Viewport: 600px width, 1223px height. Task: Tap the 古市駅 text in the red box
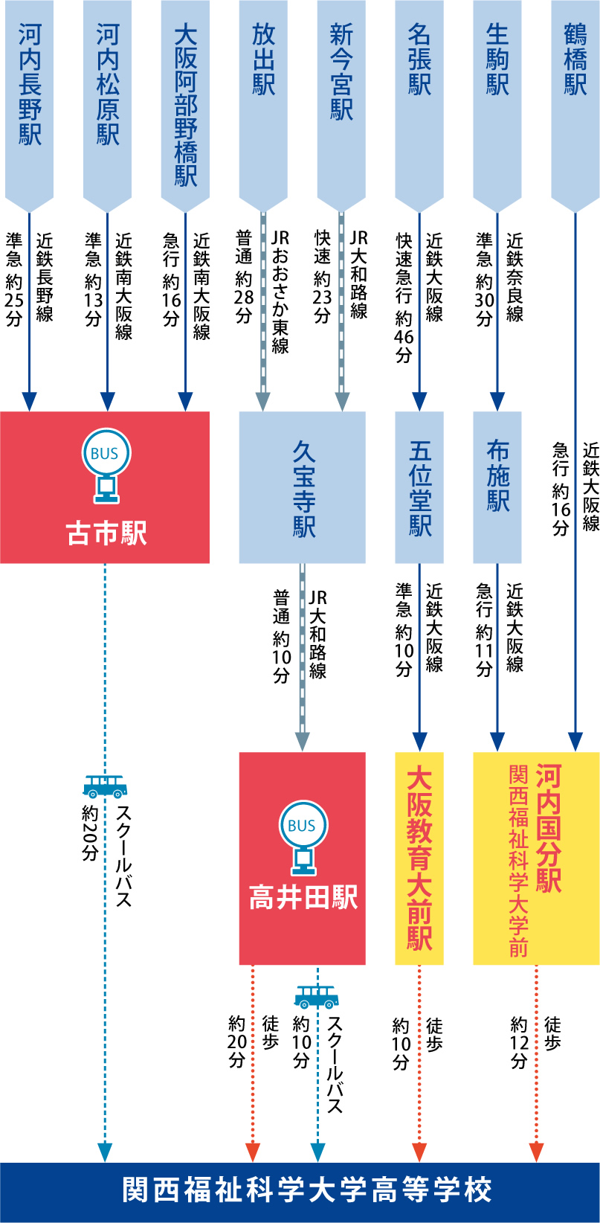click(x=106, y=533)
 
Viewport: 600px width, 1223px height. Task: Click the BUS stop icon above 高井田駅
click(x=302, y=837)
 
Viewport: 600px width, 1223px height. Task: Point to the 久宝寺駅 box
click(x=303, y=487)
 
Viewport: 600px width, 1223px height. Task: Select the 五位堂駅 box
click(x=419, y=487)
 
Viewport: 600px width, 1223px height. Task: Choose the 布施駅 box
click(x=497, y=476)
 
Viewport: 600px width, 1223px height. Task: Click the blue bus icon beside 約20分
click(x=105, y=786)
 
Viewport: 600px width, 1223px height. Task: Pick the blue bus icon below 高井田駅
click(x=316, y=997)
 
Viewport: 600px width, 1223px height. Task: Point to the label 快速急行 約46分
click(x=404, y=298)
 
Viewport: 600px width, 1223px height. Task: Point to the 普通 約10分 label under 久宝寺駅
click(x=281, y=636)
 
